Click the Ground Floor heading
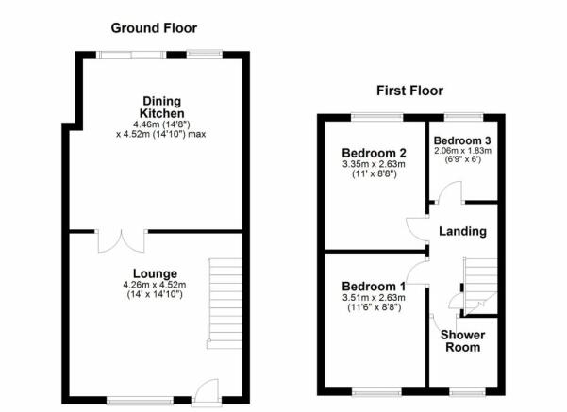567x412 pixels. click(154, 28)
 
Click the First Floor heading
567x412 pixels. click(409, 91)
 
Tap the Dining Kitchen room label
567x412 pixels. click(161, 107)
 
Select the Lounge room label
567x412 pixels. click(155, 273)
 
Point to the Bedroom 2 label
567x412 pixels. click(375, 153)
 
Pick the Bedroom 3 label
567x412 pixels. click(462, 140)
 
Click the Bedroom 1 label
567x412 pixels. click(374, 287)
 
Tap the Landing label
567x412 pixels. click(462, 231)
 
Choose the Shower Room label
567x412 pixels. click(463, 340)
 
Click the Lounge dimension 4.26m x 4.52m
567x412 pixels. click(155, 285)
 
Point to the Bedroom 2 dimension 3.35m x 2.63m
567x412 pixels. click(374, 164)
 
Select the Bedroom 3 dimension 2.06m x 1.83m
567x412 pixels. click(462, 150)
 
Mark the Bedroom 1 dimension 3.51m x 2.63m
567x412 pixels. click(374, 298)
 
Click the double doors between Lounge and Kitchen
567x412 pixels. click(122, 240)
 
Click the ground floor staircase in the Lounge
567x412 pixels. click(225, 304)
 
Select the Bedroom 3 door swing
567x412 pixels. click(450, 192)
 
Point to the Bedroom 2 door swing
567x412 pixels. click(418, 228)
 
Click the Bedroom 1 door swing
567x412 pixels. click(418, 272)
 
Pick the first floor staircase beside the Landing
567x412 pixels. click(479, 287)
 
